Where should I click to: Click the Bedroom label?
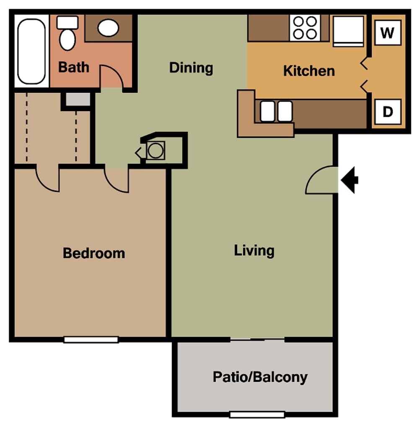click(94, 253)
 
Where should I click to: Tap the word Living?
click(254, 251)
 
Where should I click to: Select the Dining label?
click(191, 68)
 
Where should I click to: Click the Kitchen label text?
click(309, 71)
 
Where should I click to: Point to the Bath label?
click(73, 67)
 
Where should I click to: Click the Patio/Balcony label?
click(260, 377)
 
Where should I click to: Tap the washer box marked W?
click(388, 33)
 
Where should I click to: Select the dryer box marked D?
click(388, 112)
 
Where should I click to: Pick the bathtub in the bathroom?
click(31, 50)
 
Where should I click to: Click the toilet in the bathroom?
click(67, 34)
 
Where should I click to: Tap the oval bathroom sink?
click(108, 28)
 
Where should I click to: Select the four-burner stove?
click(305, 28)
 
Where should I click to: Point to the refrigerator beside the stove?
click(348, 31)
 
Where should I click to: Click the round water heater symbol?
click(155, 150)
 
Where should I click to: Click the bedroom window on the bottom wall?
click(91, 339)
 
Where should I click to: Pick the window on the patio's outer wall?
click(257, 414)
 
